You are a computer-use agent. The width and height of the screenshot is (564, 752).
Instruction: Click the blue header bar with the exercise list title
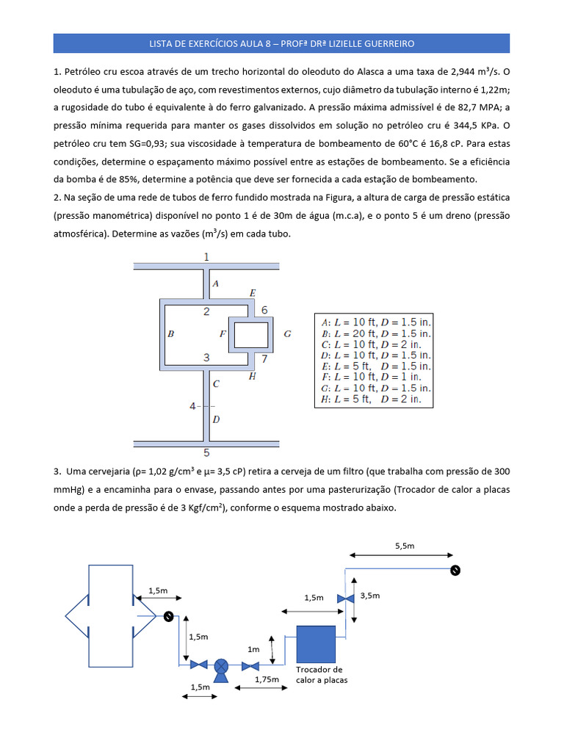click(281, 43)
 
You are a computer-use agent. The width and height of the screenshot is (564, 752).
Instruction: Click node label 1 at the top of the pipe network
click(206, 256)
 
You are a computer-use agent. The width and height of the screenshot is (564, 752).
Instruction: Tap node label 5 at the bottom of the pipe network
click(206, 452)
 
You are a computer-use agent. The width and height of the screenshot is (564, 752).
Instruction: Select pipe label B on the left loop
click(170, 333)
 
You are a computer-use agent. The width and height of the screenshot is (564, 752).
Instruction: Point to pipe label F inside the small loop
click(223, 334)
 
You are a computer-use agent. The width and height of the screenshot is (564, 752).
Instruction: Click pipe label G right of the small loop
click(287, 334)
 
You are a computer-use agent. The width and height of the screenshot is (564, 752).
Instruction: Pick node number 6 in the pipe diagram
click(264, 310)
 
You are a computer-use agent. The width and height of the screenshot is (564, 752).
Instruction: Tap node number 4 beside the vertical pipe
click(193, 405)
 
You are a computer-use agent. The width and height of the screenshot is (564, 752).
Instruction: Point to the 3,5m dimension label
click(369, 595)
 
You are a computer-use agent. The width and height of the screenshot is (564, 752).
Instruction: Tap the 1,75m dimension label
click(267, 679)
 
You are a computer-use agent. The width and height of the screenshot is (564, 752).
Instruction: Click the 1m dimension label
click(253, 650)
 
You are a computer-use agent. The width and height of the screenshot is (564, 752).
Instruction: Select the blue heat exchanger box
click(316, 643)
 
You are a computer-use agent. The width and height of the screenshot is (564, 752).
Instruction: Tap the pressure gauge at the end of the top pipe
click(455, 570)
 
